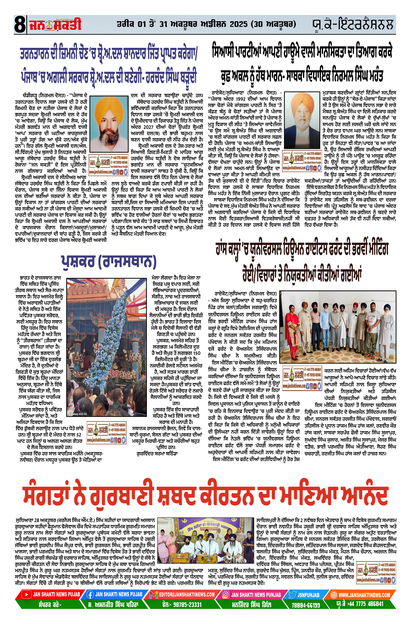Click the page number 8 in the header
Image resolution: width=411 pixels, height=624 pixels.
pyautogui.click(x=20, y=25)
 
